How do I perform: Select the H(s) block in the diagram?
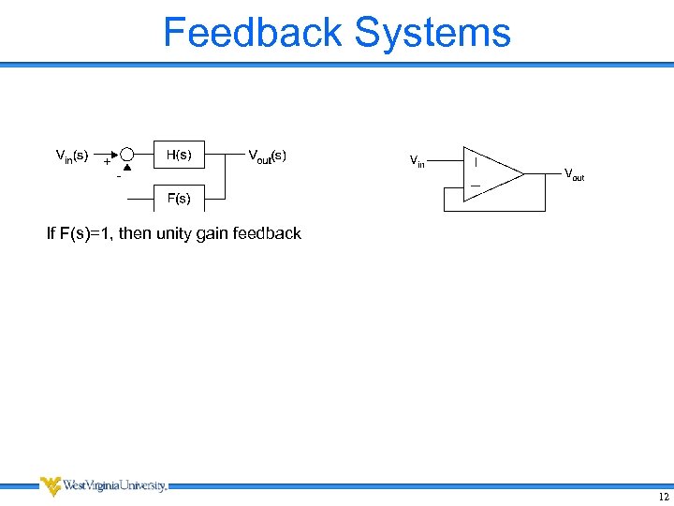point(179,155)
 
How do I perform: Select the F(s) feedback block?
point(179,199)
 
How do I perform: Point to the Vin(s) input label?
point(72,155)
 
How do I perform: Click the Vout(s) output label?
point(267,155)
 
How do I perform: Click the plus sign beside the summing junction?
point(107,161)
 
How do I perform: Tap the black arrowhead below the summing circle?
point(127,169)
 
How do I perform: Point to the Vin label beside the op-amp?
point(418,162)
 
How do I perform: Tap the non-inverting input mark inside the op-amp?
point(476,161)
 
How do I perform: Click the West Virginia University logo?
point(103,485)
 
